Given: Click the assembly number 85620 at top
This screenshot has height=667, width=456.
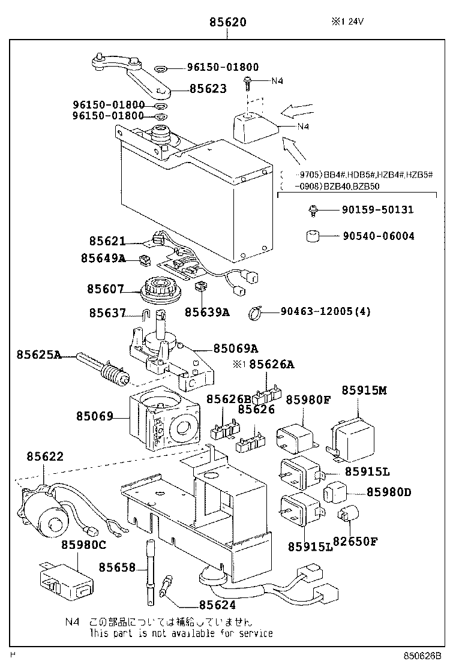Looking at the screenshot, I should [228, 23].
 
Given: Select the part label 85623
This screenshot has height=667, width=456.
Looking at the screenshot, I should [208, 89].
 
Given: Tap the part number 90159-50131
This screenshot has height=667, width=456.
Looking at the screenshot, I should [378, 210].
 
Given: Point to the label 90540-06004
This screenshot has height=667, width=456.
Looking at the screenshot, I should [378, 236].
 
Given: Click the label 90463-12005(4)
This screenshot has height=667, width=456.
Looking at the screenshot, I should [326, 311].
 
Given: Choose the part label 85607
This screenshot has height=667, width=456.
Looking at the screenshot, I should [105, 290].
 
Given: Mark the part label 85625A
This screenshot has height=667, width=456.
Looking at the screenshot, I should [39, 355].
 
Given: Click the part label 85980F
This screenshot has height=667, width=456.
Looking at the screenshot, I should [308, 400].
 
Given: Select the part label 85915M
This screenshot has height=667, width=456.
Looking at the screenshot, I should [364, 390].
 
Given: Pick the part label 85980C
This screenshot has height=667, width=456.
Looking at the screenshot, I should [83, 545].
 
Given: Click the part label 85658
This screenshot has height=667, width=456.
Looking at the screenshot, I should [118, 567].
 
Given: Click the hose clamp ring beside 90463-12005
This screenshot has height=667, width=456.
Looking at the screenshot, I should [256, 312].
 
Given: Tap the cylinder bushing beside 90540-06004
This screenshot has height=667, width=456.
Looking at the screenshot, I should [311, 236].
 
